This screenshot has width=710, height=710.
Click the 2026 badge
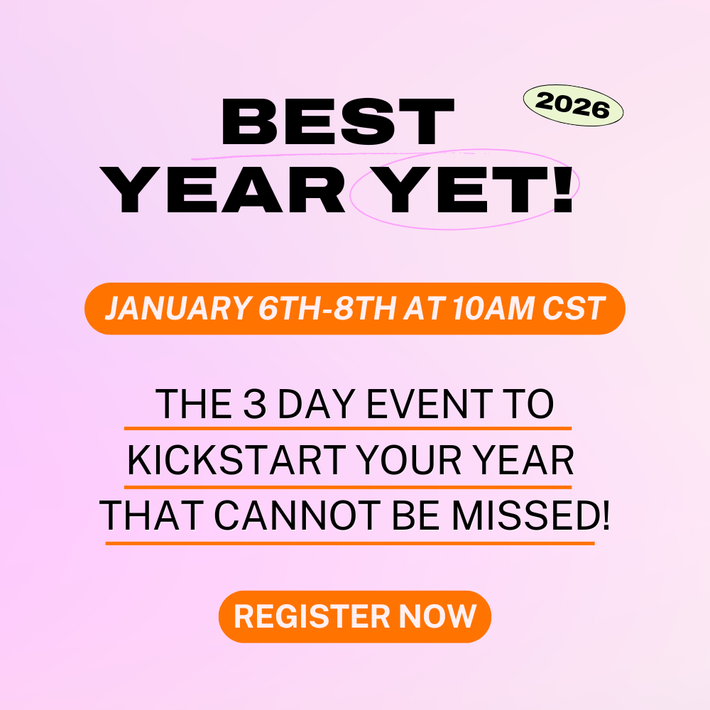pyautogui.click(x=573, y=106)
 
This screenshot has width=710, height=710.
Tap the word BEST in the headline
pyautogui.click(x=337, y=122)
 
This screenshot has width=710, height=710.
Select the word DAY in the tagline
pyautogui.click(x=315, y=405)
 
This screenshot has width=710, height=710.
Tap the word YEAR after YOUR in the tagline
pyautogui.click(x=529, y=463)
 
